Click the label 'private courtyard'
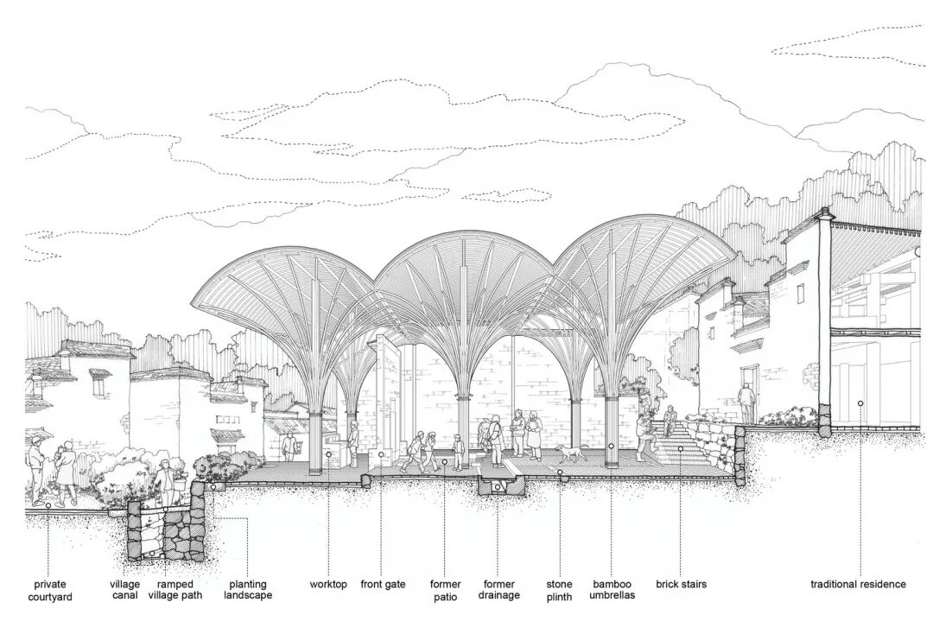tap(49, 590)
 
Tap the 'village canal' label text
tap(124, 590)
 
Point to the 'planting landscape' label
tap(247, 590)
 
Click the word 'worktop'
tap(328, 585)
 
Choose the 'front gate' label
tap(383, 585)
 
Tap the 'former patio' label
tap(445, 590)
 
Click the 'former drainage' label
tap(498, 590)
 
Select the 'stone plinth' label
tap(559, 590)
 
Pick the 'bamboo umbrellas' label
tap(612, 590)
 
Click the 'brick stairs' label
tap(681, 585)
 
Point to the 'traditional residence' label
tap(858, 585)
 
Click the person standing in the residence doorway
tap(746, 402)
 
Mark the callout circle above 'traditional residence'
tap(860, 403)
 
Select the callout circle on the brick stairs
tap(681, 449)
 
